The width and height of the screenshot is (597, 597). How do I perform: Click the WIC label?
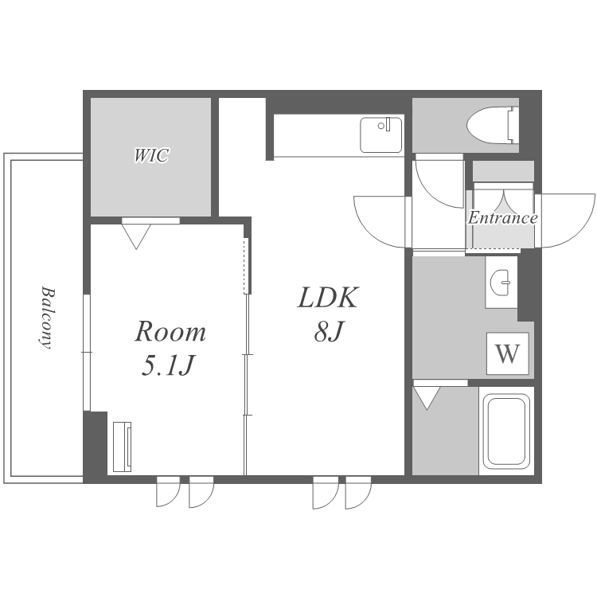tap(151, 155)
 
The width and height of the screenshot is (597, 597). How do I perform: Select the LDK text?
tap(328, 298)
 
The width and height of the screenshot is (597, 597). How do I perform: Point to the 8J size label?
tap(328, 330)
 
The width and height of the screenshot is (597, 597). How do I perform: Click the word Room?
tap(170, 331)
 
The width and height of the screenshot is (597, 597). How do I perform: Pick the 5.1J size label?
tap(168, 365)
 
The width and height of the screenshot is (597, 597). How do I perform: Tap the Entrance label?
tap(502, 218)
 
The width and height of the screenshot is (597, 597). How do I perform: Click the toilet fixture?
tap(493, 125)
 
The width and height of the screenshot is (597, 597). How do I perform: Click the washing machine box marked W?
tap(508, 353)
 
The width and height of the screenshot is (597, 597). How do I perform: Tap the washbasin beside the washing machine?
tap(501, 282)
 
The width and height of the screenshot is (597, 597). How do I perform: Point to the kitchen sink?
tap(381, 135)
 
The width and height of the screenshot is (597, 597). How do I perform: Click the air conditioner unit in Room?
tap(123, 447)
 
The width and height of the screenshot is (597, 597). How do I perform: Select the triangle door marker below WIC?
tap(136, 236)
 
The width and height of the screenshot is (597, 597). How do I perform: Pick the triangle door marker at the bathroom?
tap(427, 398)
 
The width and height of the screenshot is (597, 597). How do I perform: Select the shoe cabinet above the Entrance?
tap(503, 171)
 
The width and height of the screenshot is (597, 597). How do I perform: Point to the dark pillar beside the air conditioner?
tap(96, 447)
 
